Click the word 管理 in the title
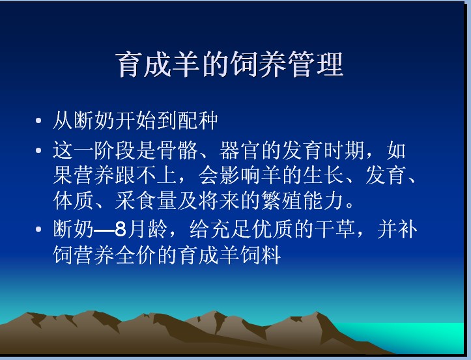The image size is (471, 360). coord(315,64)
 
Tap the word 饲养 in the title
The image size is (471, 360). coord(258,64)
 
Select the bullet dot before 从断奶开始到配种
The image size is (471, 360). coord(38,120)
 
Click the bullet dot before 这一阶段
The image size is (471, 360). coord(38,150)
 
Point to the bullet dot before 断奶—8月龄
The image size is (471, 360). coord(38,229)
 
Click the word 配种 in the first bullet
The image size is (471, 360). coord(197,120)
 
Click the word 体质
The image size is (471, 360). coord(73,201)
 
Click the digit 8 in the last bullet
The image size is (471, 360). coord(120,229)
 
